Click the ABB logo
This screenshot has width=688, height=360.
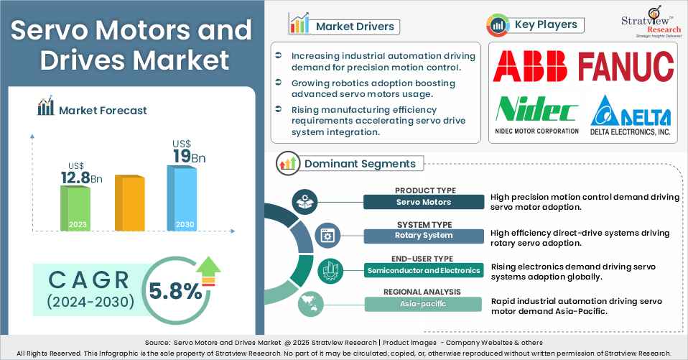coord(530,67)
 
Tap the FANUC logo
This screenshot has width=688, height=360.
coord(626,67)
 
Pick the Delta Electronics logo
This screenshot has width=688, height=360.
coord(631,117)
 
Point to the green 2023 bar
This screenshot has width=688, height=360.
coord(74,208)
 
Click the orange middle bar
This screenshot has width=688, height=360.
coord(129,203)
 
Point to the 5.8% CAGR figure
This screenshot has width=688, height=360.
coord(175,291)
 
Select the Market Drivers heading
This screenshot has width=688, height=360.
coord(355,27)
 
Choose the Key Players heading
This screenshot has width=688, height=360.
coord(546,24)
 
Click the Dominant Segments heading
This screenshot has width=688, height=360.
coord(359,163)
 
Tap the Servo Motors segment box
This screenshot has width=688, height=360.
coord(424,202)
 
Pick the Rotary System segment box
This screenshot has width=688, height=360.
coord(424,235)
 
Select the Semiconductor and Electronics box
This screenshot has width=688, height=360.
coord(424,270)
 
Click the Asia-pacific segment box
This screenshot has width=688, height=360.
coord(424,304)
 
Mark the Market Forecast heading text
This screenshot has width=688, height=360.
coord(103,110)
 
